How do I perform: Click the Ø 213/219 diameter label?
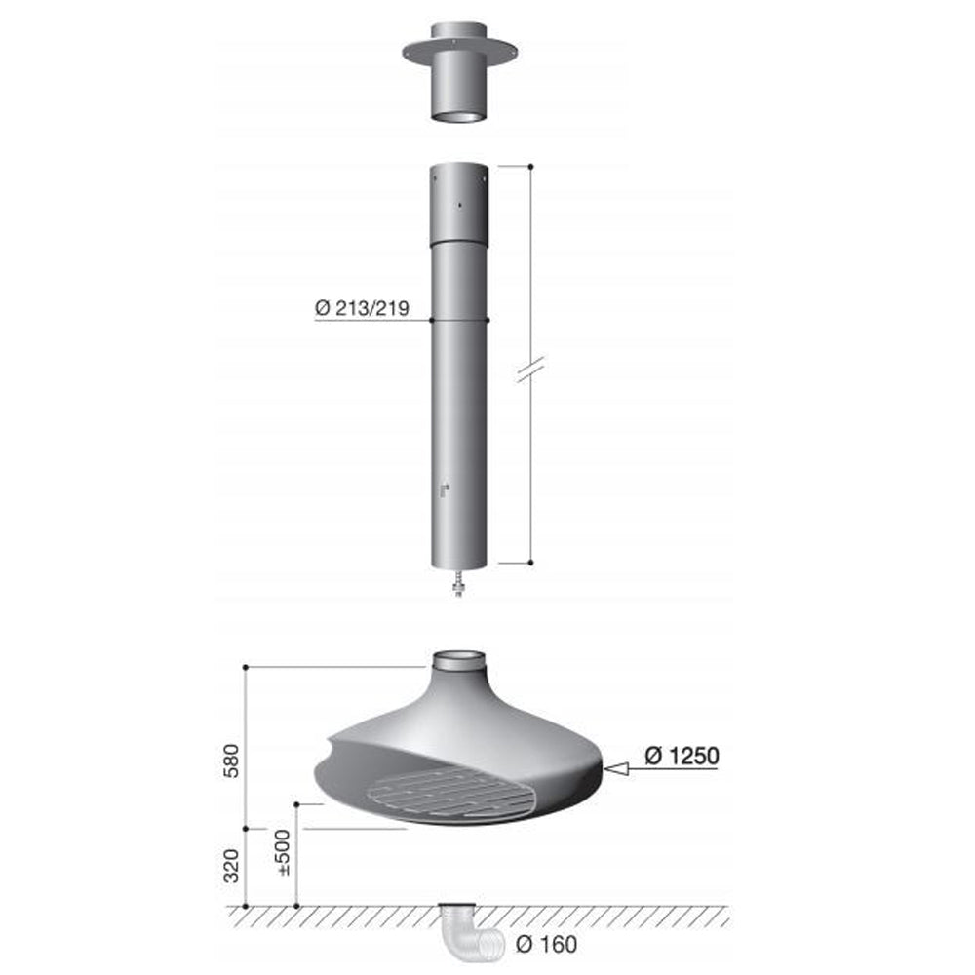tap(362, 308)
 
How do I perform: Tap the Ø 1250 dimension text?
tap(682, 756)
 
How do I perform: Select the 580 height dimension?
tap(231, 760)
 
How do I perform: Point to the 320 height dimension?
tap(231, 865)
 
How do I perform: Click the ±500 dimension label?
tap(282, 852)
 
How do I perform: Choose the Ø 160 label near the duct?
tap(546, 944)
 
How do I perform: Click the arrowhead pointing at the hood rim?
tap(616, 770)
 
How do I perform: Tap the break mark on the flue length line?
tap(530, 369)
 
